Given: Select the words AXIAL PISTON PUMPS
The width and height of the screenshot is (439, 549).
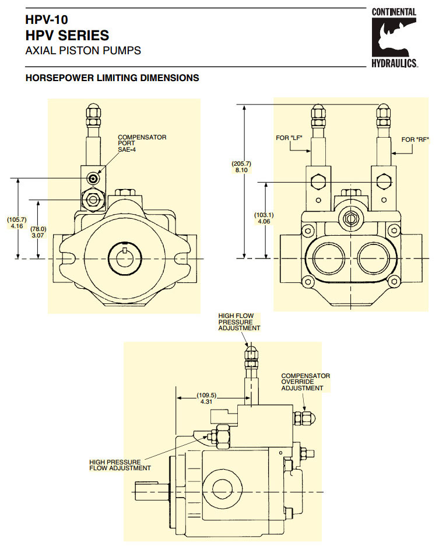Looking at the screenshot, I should coord(83,50).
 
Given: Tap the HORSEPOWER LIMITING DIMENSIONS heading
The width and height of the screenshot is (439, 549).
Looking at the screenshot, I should coord(112,78).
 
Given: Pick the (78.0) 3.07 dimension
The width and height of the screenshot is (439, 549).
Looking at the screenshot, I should coord(38,232).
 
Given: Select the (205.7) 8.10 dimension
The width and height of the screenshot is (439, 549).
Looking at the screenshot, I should coord(241,167).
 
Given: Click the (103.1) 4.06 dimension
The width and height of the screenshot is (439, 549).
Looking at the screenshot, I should coord(264,218).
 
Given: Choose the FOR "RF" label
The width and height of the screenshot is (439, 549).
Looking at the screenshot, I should coord(415,139).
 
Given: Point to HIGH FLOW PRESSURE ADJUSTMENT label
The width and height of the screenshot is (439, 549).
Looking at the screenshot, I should coord(239,322).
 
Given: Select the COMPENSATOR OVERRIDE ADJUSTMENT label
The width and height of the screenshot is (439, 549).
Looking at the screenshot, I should coord(305,382).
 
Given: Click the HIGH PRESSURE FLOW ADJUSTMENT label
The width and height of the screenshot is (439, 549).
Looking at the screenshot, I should coord(120,464).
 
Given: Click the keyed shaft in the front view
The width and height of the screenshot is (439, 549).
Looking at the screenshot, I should coord(125,258).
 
